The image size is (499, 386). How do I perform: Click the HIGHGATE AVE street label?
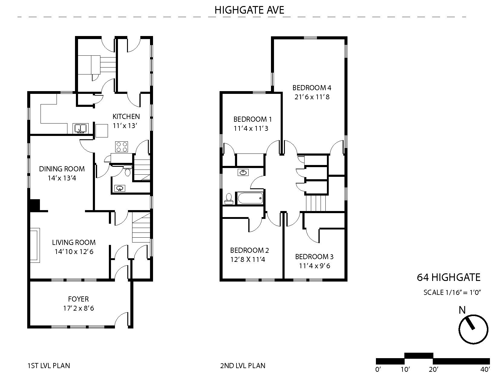coord(249,10)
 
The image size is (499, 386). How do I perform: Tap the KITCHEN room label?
coord(126,117)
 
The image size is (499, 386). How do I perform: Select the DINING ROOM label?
coord(62,169)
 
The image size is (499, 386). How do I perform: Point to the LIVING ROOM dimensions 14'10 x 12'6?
coord(74,252)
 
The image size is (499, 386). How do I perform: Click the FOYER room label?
coord(78,299)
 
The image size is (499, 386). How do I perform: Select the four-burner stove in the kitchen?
coord(122,147)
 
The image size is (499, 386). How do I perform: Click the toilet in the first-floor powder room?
coord(127,170)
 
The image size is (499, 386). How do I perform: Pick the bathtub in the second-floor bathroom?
coord(250,198)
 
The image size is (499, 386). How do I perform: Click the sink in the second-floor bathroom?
coord(243,172)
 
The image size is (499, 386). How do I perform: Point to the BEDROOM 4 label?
coord(312,88)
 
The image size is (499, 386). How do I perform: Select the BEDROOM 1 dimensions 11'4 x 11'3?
coord(251,128)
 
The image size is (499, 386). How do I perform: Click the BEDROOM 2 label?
coord(249,250)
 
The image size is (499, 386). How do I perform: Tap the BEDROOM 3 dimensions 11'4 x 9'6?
coord(315,266)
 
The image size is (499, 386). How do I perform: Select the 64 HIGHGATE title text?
coord(449,278)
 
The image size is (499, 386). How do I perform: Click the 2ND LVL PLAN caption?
coord(243,366)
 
